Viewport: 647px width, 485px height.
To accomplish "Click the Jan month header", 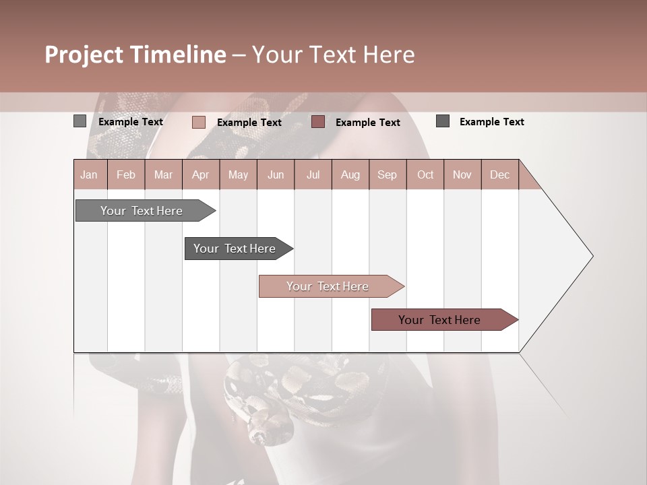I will (89, 174).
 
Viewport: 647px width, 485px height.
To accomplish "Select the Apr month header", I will (200, 174).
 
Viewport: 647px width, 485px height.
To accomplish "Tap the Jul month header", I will (313, 174).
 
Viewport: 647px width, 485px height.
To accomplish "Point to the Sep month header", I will (387, 174).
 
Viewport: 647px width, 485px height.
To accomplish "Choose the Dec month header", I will (499, 174).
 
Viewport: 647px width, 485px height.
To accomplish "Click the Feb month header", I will (126, 174).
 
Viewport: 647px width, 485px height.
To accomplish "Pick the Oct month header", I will (425, 174).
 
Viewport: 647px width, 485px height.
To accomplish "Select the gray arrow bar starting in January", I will (142, 211).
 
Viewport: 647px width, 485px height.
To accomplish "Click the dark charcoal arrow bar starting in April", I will (235, 249).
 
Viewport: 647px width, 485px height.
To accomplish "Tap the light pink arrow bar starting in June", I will (328, 286).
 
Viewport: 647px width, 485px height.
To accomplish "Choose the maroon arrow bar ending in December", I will (439, 320).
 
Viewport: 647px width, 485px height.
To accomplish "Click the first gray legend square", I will (80, 121).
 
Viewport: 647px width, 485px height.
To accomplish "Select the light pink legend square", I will (198, 122).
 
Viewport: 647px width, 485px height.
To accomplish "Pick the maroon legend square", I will (318, 122).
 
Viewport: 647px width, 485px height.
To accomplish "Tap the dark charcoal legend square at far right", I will (443, 121).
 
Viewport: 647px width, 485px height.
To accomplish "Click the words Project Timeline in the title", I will (135, 55).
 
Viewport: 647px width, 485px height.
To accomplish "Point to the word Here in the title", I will (389, 55).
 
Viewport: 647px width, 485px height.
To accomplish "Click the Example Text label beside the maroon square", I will (367, 123).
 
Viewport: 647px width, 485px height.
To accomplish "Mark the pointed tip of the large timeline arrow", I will (592, 256).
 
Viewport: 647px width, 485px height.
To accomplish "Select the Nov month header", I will (462, 174).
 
